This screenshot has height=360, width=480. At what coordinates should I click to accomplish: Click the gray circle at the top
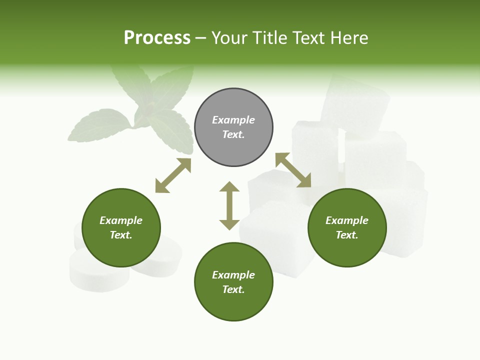pos(233,127)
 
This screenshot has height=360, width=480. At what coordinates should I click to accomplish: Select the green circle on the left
pos(121,228)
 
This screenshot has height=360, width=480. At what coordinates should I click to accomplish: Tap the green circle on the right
pos(347,228)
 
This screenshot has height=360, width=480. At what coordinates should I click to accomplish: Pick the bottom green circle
pos(233,282)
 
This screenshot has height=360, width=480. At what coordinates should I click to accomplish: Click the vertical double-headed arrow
pos(229,205)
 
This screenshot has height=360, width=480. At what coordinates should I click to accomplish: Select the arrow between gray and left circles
pos(173,175)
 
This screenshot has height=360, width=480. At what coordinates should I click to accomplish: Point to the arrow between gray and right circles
pos(293,170)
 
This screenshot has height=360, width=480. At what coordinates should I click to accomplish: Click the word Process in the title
pos(157,38)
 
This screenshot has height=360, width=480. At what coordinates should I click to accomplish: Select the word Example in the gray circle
pos(233,120)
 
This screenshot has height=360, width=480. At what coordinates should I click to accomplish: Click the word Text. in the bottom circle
pos(233,289)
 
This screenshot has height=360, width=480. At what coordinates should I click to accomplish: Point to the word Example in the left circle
pos(121,220)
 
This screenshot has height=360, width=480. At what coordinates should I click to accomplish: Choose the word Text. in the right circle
pos(347,235)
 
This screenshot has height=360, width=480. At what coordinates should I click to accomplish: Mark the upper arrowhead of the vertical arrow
pos(229,187)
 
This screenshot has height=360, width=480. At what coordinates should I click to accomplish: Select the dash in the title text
pos(201,38)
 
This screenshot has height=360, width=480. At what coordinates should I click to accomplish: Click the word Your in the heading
pos(230,38)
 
